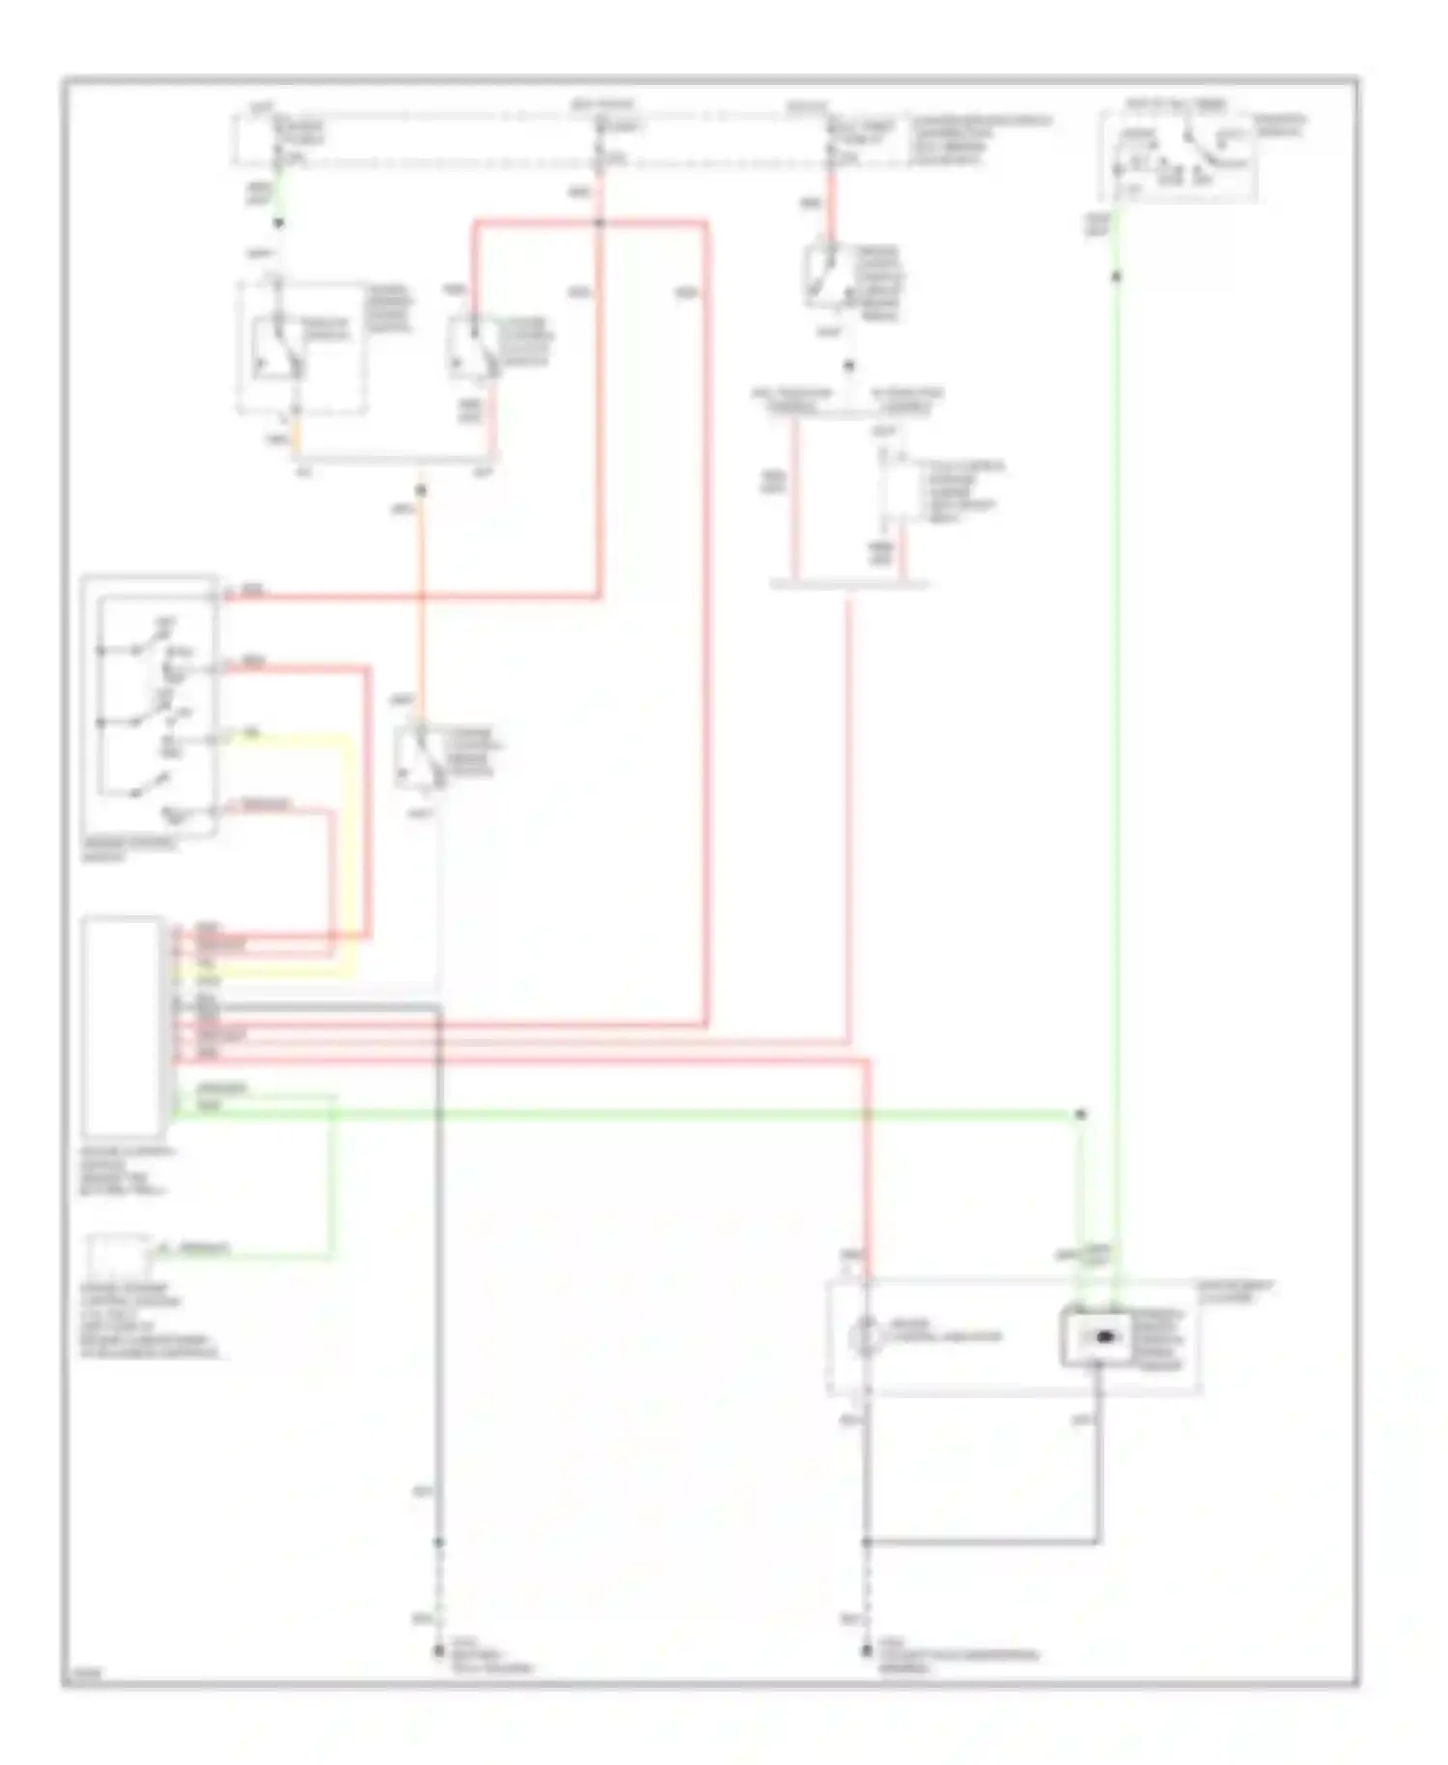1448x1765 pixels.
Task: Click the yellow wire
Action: click(349, 850)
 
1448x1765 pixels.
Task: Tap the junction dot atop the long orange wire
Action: click(420, 490)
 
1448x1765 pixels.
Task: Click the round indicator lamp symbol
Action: click(866, 1337)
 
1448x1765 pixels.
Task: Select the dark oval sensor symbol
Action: click(1098, 1337)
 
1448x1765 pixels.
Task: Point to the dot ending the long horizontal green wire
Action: click(1080, 1114)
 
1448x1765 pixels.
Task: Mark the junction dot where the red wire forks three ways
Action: click(599, 224)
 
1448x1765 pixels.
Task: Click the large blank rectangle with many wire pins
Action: click(123, 1026)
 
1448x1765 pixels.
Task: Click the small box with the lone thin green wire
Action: click(117, 1256)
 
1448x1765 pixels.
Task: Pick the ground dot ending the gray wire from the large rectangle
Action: click(438, 1652)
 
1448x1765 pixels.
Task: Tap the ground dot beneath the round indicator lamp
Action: click(866, 1652)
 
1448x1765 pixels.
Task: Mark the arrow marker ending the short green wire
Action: click(278, 224)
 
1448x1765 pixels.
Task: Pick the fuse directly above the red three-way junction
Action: click(599, 135)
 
